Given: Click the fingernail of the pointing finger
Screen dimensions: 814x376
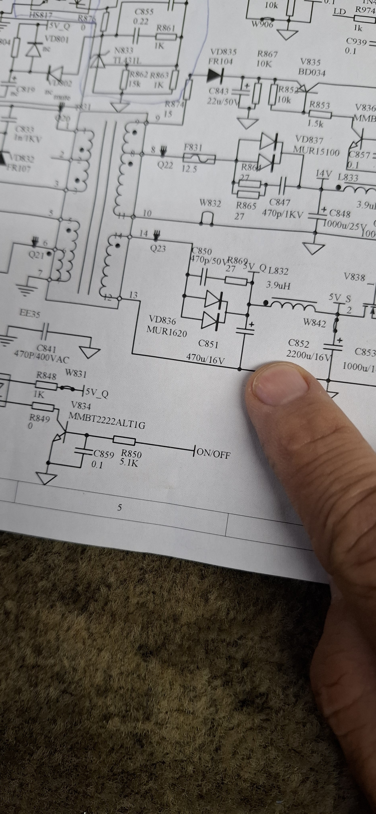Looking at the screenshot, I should pos(281,385).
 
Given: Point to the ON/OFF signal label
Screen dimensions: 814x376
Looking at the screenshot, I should pos(214,453).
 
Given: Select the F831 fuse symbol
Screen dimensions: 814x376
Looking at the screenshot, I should pos(199,158).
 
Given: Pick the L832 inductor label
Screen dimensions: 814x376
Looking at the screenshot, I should pos(278,271).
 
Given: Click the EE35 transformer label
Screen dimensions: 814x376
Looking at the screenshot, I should pos(30,313).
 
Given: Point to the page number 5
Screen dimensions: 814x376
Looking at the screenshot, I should pos(119,508).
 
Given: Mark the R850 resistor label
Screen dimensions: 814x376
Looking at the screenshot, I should pos(131,453).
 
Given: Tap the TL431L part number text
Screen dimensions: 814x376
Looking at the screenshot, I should pos(127,60).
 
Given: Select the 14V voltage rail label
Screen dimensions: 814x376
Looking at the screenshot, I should pos(324,174).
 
